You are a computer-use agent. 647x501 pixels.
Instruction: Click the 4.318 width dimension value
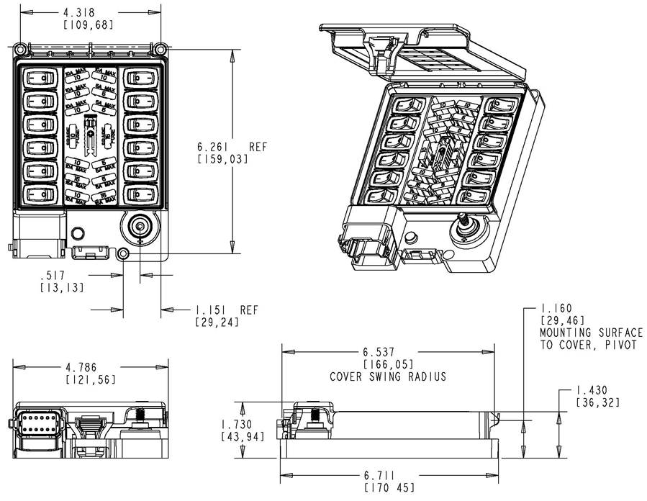78,13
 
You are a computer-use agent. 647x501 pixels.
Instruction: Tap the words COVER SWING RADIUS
388,376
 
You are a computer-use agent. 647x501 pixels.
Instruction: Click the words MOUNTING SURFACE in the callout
591,333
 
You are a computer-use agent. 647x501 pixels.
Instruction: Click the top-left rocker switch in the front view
41,78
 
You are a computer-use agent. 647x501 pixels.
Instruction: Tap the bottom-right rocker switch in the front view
140,194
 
